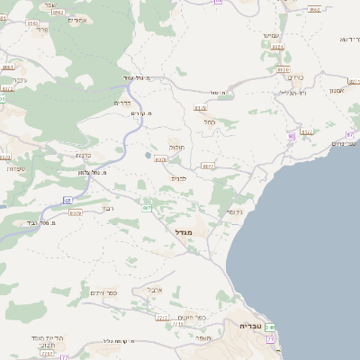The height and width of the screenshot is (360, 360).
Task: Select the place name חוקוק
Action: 175,147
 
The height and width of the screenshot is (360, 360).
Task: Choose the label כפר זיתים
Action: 103,293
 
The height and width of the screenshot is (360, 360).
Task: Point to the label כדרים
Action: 123,103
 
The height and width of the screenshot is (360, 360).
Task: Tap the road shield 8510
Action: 283,69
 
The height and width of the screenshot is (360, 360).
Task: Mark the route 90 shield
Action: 290,136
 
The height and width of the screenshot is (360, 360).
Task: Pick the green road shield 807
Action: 147,208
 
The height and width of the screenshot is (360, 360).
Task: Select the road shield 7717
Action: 162,318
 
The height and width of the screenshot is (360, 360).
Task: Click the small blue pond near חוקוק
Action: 147,156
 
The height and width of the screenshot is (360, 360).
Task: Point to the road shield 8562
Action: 314,9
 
